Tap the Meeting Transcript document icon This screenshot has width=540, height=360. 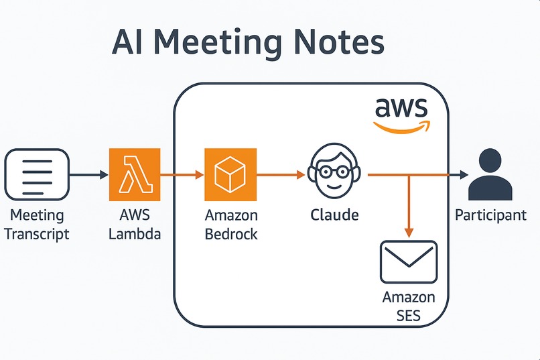coord(36,175)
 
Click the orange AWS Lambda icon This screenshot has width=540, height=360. coord(135,174)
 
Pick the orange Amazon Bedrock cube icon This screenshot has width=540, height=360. coord(230,174)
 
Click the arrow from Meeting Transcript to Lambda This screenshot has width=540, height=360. coord(88,175)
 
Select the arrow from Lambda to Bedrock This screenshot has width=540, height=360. coord(182,175)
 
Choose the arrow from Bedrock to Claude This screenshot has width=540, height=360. coord(281,175)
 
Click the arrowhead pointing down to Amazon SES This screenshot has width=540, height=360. coord(409,231)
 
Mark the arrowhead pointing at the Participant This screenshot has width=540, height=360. coord(463,175)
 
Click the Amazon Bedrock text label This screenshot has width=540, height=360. coord(231,225)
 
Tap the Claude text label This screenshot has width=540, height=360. coord(334,215)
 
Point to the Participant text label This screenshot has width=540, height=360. coord(490,215)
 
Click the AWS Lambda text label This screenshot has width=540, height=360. coord(135,225)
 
